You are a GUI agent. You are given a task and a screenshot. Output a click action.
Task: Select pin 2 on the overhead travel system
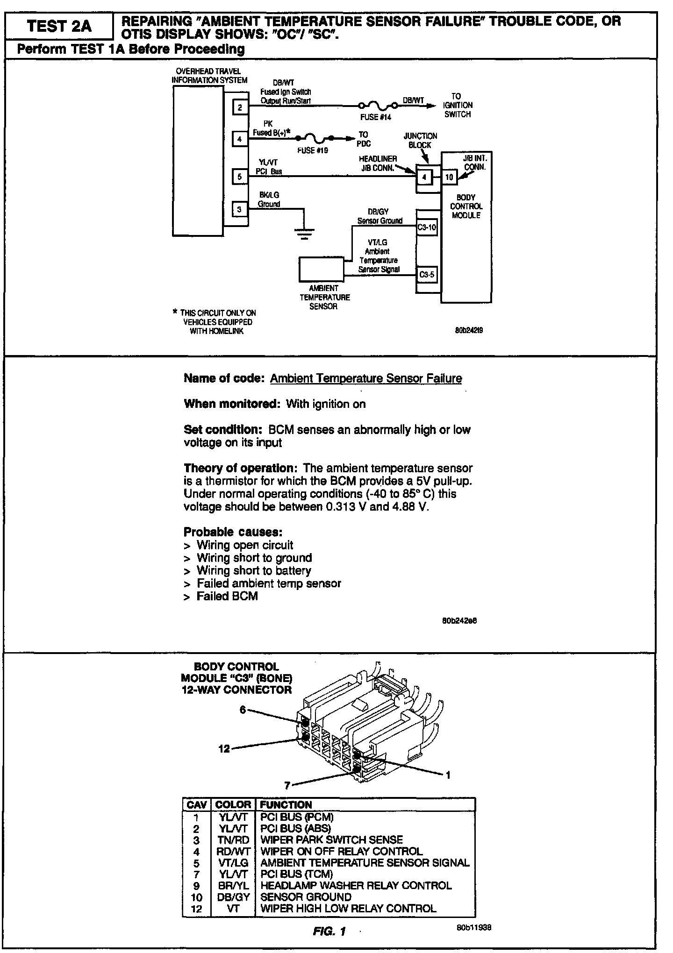(240, 107)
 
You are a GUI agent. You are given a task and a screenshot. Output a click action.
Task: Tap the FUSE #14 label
(375, 117)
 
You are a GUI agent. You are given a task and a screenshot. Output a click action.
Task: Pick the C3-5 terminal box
(427, 275)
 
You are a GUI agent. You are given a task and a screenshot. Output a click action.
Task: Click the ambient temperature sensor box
(321, 270)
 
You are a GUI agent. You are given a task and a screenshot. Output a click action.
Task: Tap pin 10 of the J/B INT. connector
(449, 177)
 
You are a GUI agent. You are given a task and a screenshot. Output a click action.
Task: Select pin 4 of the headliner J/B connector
(424, 177)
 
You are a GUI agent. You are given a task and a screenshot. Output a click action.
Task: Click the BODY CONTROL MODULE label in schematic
(465, 206)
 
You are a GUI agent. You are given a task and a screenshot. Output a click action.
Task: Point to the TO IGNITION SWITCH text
(457, 105)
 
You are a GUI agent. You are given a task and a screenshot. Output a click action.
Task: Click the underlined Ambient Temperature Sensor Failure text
(366, 378)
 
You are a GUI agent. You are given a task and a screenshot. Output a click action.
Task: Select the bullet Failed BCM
(227, 596)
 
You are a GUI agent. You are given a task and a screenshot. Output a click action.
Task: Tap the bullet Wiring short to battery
(253, 570)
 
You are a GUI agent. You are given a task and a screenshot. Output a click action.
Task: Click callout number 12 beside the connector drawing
(224, 749)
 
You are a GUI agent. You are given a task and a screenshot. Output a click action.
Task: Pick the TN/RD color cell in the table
(233, 840)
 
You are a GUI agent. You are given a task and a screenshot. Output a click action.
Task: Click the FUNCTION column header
(286, 804)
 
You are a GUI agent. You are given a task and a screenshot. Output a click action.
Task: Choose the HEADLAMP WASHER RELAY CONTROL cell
(356, 885)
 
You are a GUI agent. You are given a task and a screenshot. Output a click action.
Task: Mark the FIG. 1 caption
(329, 932)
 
